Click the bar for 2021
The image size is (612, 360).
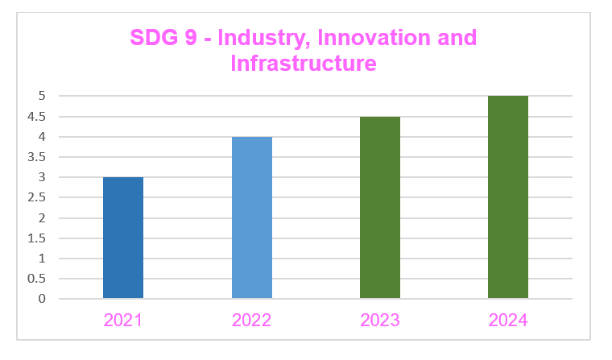point(123,238)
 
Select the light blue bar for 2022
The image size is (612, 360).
point(251,217)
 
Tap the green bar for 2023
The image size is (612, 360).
point(379,208)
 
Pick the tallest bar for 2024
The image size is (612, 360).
point(507,197)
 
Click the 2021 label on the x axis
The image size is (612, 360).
point(123,321)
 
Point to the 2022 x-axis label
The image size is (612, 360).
point(251,321)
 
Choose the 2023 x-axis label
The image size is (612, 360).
point(379,321)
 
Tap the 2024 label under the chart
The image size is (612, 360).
point(507,321)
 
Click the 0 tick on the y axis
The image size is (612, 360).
point(42,299)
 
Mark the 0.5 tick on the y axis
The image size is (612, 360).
point(38,279)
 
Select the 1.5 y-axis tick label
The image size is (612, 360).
point(38,238)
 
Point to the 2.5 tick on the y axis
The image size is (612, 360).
point(38,197)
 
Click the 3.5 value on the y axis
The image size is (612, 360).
point(38,157)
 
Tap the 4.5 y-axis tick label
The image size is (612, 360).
point(38,117)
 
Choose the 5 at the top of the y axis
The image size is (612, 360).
point(42,97)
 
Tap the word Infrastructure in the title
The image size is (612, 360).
point(304,63)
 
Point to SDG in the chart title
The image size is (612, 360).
point(154,38)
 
